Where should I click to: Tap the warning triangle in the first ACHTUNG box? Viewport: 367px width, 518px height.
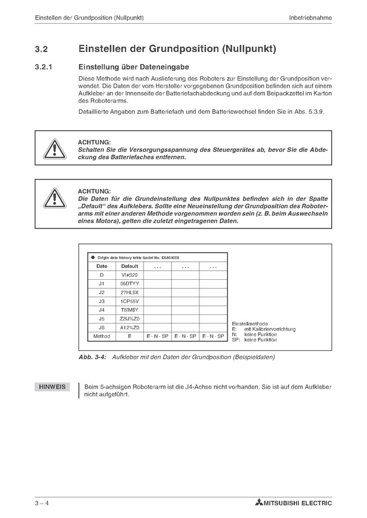54,149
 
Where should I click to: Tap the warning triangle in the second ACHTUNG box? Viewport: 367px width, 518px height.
54,197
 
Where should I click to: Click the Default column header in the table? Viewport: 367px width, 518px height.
129,266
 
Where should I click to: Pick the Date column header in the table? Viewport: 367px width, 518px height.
102,266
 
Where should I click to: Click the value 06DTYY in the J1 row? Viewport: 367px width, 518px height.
129,284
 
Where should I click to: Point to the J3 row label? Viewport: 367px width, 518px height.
102,301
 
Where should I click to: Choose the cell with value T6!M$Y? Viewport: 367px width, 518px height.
129,310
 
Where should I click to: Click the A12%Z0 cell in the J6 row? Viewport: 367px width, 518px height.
129,327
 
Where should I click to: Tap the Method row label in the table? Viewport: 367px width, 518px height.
102,336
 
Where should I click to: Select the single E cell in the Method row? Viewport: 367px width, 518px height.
129,336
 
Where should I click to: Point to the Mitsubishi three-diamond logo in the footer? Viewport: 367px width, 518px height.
258,503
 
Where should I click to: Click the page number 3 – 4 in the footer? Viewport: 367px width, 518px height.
42,503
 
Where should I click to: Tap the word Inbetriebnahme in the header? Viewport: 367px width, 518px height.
310,18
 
